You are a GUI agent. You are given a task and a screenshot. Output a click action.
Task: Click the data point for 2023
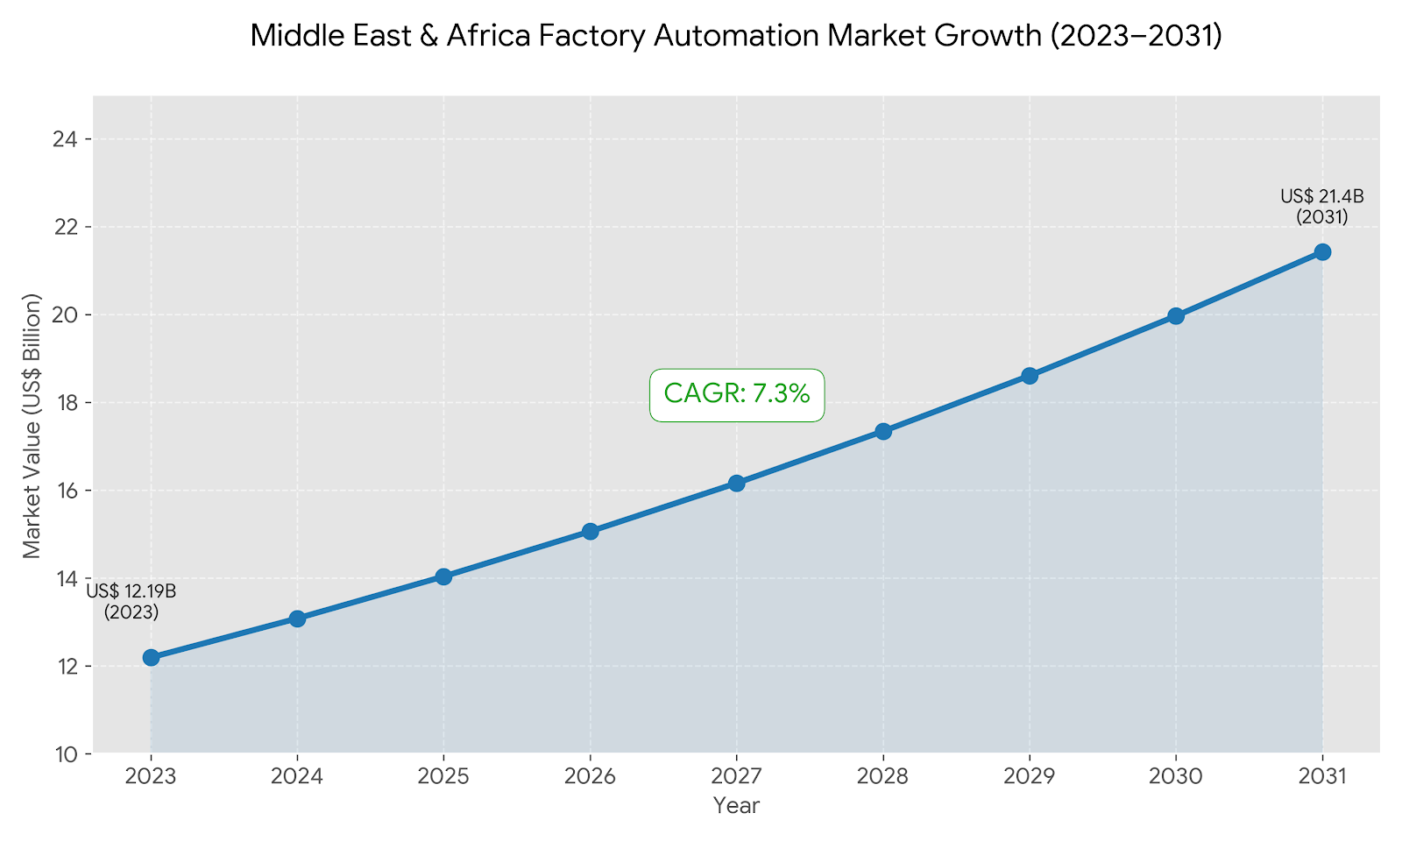point(151,657)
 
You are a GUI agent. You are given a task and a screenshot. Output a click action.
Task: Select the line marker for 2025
point(443,576)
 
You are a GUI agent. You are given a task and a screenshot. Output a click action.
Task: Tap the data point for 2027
point(736,483)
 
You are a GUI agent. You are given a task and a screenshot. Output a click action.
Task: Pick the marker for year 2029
point(1030,376)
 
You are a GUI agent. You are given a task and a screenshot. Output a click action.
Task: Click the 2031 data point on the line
point(1322,252)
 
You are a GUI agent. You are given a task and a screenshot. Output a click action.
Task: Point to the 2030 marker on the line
point(1176,315)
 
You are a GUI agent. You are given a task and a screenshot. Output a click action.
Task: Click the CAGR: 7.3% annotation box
point(736,394)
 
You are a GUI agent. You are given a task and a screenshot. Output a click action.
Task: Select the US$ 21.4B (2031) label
point(1321,207)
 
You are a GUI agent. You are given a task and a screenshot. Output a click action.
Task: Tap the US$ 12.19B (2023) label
point(131,602)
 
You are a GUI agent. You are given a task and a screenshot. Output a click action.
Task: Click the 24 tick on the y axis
point(67,139)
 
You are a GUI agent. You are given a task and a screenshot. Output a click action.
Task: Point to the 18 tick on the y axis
point(67,403)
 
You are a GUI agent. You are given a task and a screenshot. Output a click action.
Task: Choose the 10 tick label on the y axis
point(67,754)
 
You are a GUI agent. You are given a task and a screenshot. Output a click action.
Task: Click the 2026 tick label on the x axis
point(590,777)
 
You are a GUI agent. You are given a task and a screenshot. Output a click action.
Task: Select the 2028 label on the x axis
point(882,777)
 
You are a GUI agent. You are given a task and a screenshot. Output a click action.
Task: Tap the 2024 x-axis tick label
point(297,777)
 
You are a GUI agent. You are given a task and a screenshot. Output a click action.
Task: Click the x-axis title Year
point(736,806)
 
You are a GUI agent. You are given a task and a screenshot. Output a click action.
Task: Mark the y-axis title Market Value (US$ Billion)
point(32,425)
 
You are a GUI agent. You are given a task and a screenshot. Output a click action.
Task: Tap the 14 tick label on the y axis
point(67,578)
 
